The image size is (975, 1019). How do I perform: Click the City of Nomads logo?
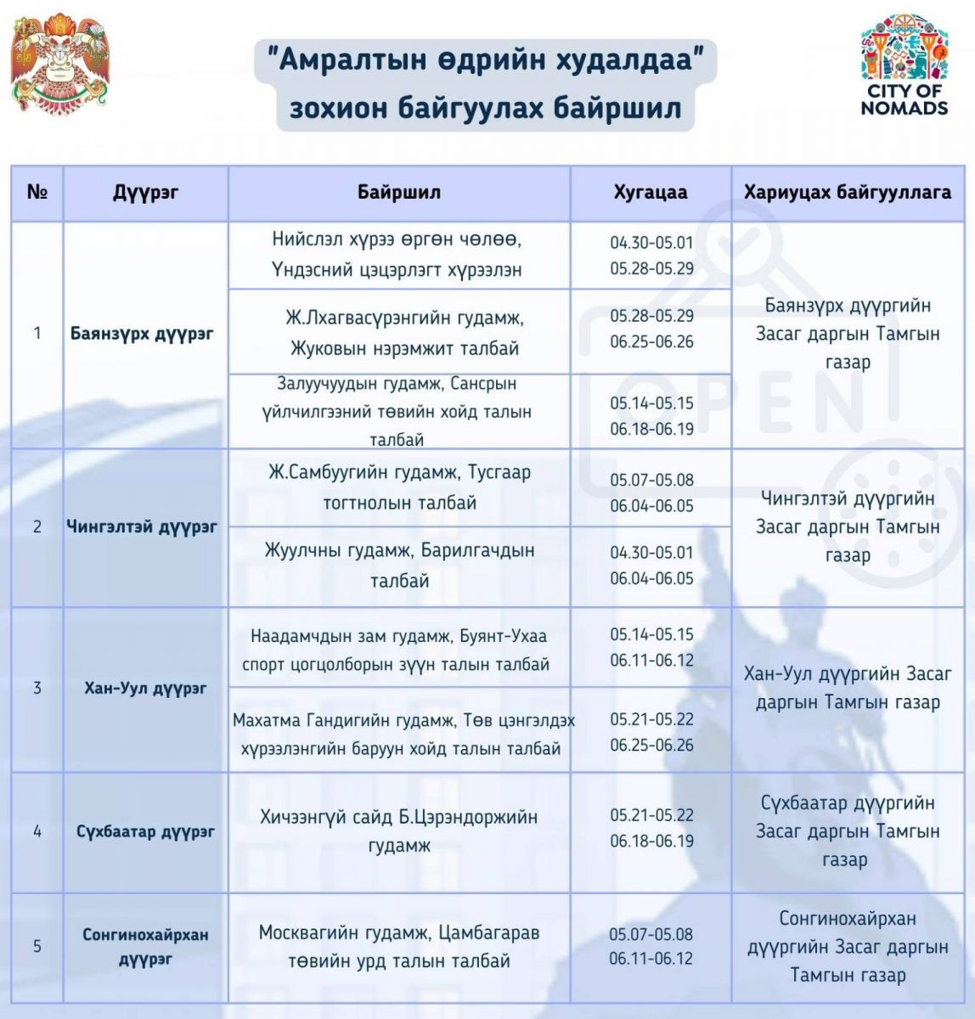(904, 65)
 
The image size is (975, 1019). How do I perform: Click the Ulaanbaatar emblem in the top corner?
(59, 63)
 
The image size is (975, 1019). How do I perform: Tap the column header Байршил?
(398, 192)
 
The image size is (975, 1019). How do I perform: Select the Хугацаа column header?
(651, 192)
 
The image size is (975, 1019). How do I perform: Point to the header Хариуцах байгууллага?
(848, 192)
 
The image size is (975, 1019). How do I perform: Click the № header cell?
(37, 192)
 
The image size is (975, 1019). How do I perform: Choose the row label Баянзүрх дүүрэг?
(142, 333)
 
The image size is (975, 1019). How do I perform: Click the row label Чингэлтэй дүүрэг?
(142, 526)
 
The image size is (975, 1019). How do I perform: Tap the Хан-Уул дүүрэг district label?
(145, 688)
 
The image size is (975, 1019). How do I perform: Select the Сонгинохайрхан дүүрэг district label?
(145, 947)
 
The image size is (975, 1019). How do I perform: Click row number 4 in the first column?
(37, 830)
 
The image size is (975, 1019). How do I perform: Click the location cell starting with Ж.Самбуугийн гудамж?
(399, 487)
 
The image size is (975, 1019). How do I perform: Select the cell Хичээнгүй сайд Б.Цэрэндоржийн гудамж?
(399, 830)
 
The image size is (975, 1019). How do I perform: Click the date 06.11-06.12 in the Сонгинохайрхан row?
(651, 960)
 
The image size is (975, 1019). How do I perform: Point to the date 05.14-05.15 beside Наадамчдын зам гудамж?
(651, 634)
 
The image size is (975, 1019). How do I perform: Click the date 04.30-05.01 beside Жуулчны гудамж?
(651, 552)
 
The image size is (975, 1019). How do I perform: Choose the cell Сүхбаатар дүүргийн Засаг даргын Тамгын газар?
(848, 830)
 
